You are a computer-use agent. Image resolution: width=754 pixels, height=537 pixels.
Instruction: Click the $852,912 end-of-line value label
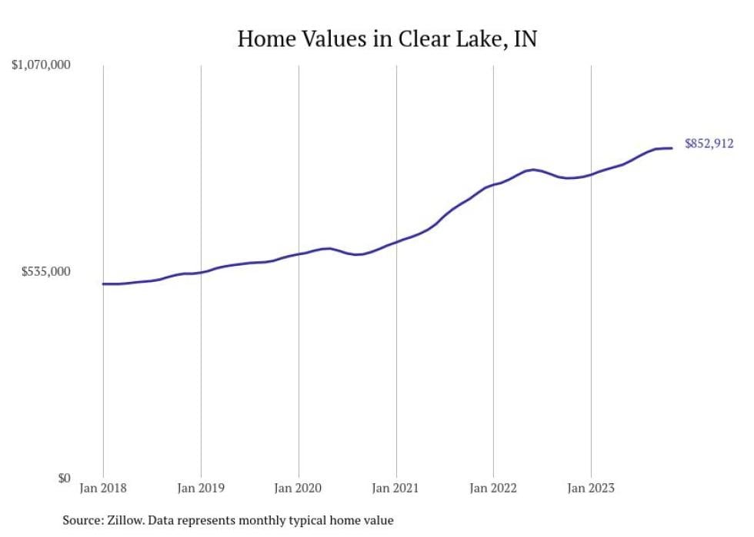pos(709,144)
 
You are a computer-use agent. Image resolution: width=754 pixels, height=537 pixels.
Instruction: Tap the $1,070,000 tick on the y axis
pos(41,65)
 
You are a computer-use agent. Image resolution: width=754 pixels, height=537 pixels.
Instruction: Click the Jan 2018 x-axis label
pos(103,488)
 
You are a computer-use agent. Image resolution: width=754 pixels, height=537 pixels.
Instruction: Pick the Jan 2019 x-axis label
pos(201,488)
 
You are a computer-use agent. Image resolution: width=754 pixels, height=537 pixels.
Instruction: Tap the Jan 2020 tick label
pos(299,488)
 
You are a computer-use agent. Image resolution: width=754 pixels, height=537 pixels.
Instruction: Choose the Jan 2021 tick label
pos(396,488)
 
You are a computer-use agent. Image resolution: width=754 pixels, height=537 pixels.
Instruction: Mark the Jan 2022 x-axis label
pos(493,488)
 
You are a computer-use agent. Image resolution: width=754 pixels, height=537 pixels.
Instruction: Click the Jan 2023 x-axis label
pos(591,488)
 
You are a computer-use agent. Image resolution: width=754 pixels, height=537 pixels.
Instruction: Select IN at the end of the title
pos(525,39)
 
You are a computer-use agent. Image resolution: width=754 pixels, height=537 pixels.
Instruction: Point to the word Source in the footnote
pos(84,521)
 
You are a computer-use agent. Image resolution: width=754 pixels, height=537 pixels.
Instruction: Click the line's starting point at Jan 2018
pos(103,283)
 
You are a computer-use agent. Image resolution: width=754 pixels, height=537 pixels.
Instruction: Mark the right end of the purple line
pos(672,148)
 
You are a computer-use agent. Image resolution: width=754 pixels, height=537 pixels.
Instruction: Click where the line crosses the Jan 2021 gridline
pos(396,242)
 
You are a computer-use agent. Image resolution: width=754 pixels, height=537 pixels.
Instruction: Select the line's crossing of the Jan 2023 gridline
pos(591,174)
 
